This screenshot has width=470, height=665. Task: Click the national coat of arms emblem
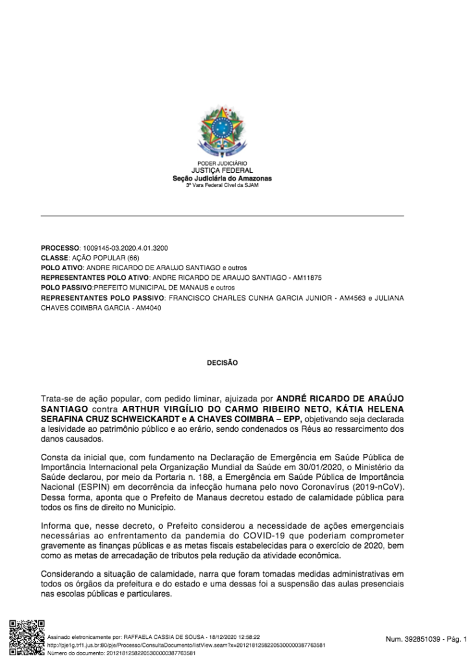pyautogui.click(x=222, y=132)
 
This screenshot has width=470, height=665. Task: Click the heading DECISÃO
pyautogui.click(x=222, y=363)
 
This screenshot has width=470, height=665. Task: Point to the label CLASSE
pyautogui.click(x=55, y=258)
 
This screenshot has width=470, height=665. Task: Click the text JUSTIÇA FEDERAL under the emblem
pyautogui.click(x=222, y=171)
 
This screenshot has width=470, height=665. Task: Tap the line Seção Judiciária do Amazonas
pyautogui.click(x=222, y=178)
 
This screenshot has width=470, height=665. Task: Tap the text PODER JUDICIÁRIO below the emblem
pyautogui.click(x=222, y=163)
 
